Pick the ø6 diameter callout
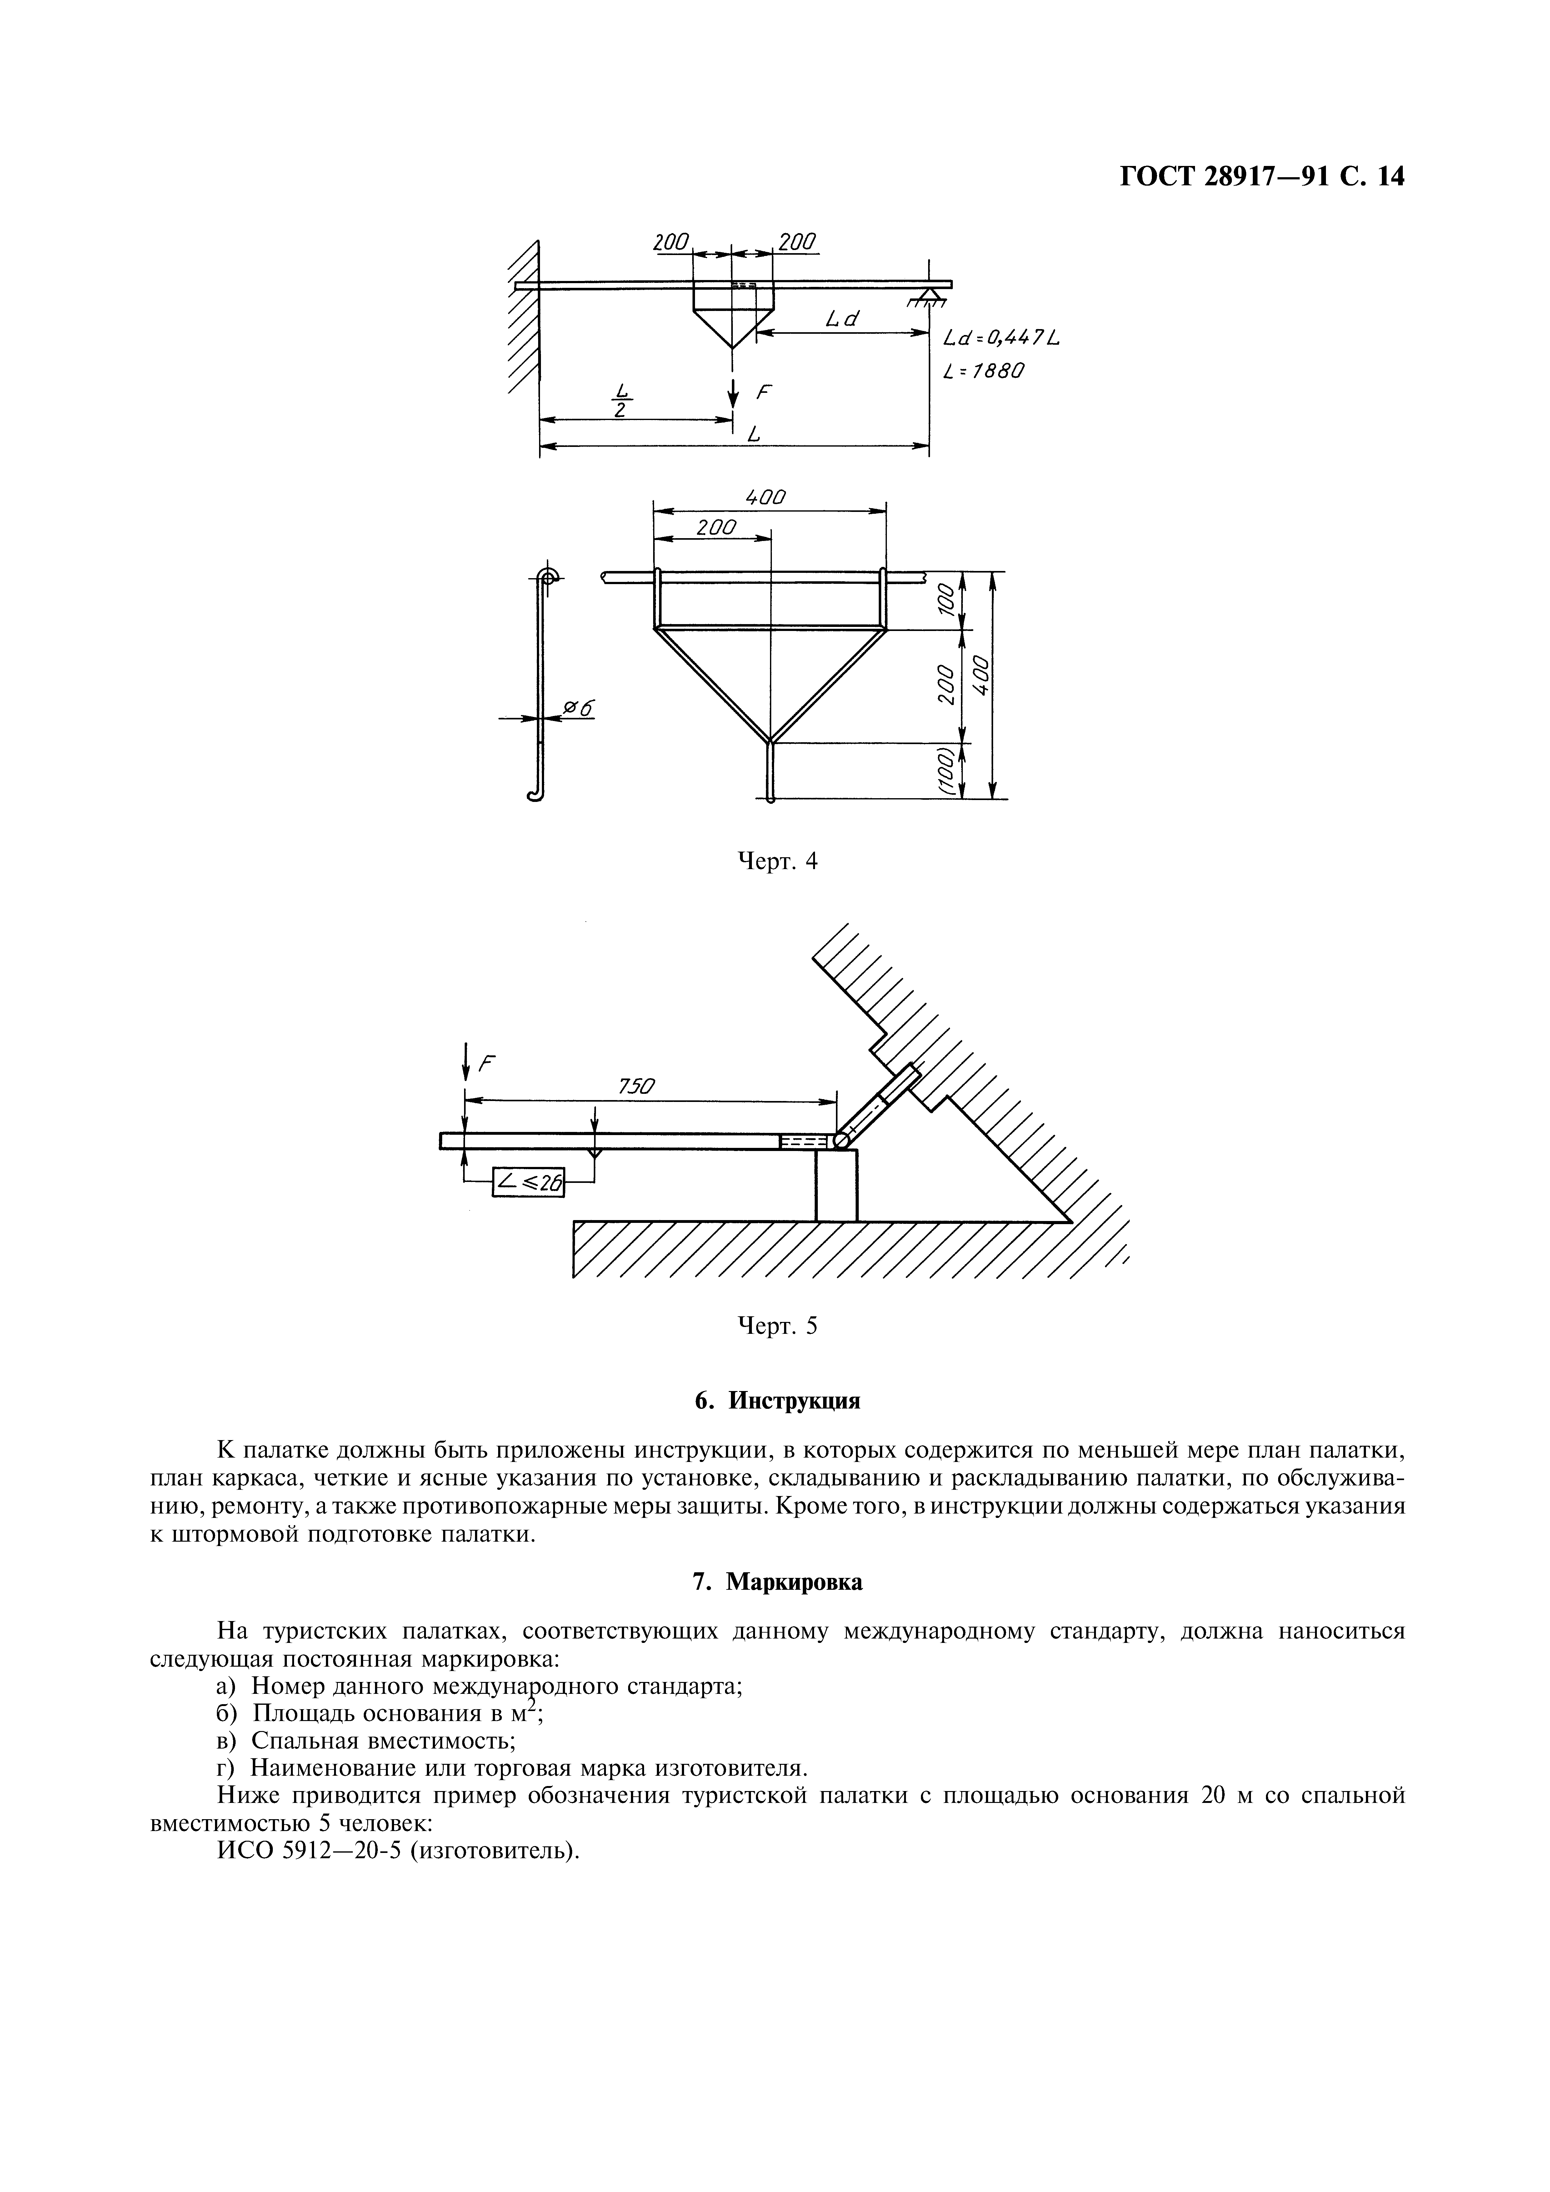tap(578, 708)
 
